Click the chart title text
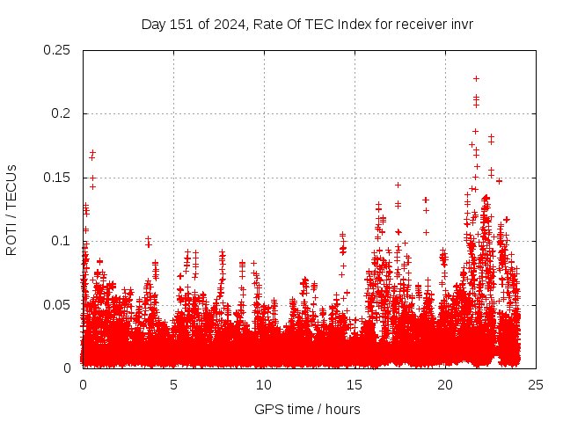(x=307, y=24)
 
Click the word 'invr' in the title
(x=461, y=24)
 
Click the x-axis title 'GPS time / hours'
(x=307, y=409)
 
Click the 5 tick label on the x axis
(x=173, y=384)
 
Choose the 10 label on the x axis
(x=264, y=384)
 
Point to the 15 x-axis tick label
(x=355, y=384)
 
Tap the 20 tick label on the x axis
(x=445, y=384)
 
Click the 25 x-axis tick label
(x=536, y=384)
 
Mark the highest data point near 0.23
(x=476, y=78)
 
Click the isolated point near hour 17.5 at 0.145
(x=398, y=185)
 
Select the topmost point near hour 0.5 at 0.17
(x=92, y=152)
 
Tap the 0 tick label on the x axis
(x=83, y=384)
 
